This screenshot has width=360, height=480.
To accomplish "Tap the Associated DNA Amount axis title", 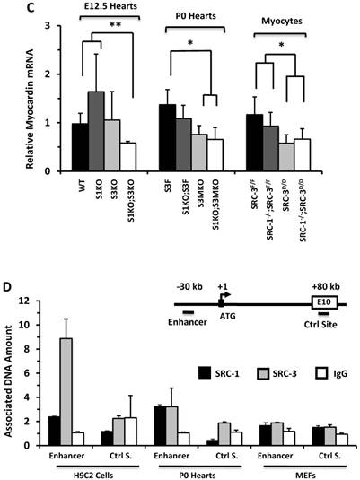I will point(13,376).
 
